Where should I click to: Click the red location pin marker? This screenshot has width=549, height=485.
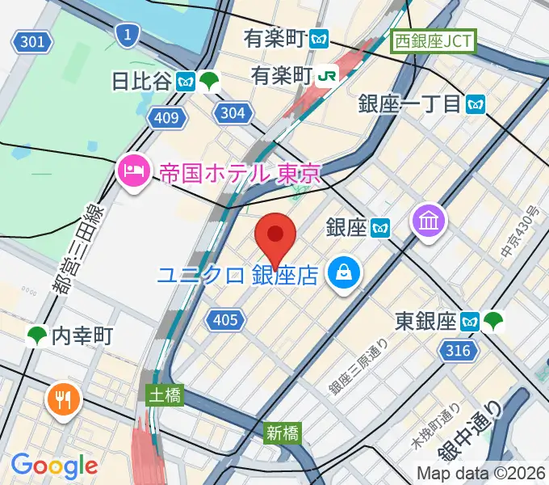275,236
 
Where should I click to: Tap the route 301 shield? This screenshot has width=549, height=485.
32,41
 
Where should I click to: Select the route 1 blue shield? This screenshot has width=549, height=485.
126,33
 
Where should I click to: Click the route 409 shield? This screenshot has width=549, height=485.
166,119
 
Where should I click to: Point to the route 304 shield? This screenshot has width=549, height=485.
233,113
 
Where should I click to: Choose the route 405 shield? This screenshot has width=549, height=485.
225,320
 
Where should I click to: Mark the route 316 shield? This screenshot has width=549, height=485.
457,350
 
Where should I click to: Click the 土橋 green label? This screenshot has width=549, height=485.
165,394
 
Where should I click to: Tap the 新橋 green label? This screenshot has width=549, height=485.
283,433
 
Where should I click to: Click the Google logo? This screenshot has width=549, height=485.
54,466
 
